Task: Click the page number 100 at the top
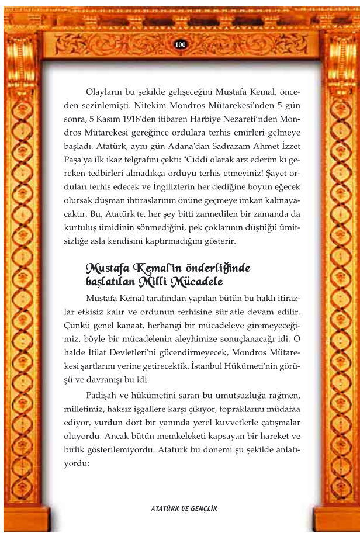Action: tap(180, 45)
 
